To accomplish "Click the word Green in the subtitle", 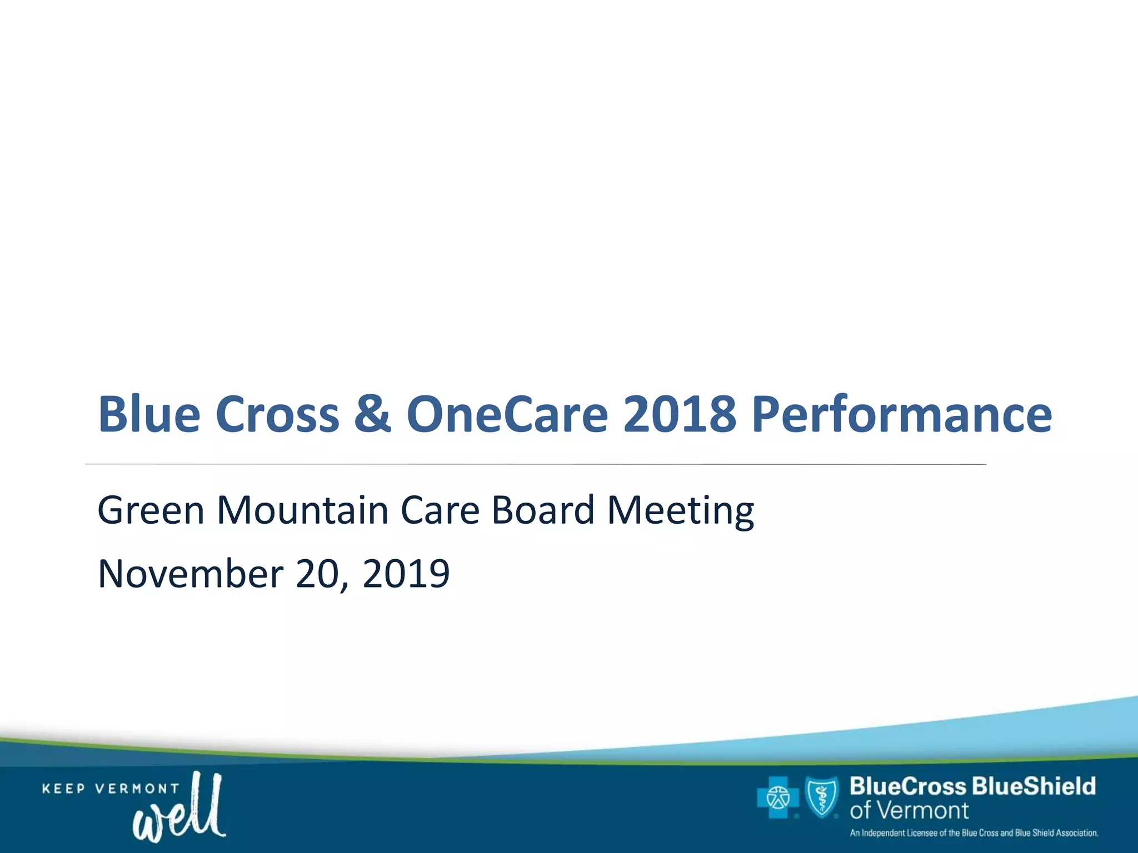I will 151,510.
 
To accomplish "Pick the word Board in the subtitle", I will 543,510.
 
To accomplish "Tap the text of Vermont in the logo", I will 909,811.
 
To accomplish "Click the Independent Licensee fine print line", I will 974,833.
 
